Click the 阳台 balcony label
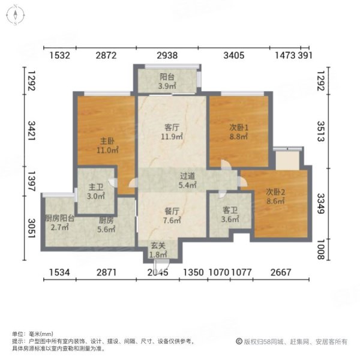tap(166, 77)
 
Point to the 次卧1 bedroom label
tap(238, 127)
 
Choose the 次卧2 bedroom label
tap(275, 192)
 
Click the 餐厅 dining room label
tap(172, 211)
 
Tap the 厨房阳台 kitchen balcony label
tap(59, 218)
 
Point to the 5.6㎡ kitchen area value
tap(107, 229)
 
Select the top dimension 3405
tap(233, 56)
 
